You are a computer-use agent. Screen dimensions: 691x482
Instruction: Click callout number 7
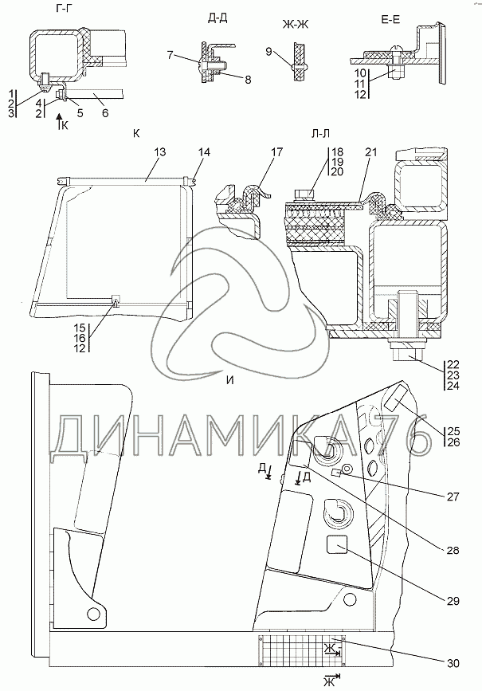click(x=170, y=55)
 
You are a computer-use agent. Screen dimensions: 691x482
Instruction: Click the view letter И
click(x=230, y=379)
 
